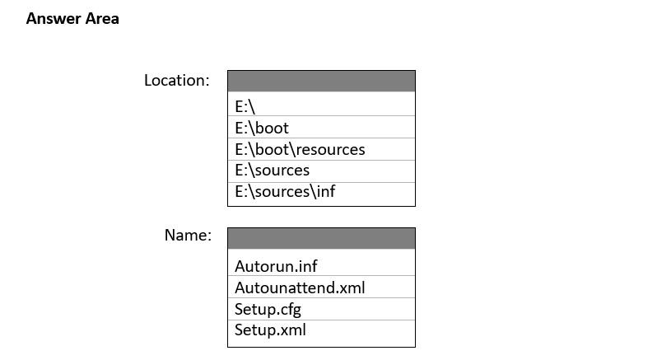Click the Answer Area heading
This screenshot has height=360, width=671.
72,19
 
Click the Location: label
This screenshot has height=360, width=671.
177,81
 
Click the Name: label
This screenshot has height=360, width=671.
188,235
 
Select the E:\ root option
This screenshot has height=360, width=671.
245,106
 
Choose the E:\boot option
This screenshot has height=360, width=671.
262,128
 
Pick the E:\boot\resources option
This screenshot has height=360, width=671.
300,149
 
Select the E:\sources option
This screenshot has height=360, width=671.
273,171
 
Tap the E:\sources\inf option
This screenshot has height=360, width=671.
285,191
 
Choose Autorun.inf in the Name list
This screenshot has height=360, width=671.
276,266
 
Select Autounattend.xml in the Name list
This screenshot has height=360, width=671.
300,288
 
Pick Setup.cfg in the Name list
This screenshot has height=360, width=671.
268,309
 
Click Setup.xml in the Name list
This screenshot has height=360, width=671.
270,330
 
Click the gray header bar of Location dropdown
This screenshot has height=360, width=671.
321,82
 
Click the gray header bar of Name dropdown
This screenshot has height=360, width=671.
321,238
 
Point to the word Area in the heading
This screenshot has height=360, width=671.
102,19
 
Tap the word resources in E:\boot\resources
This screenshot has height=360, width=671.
330,150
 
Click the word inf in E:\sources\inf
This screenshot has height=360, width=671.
326,191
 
